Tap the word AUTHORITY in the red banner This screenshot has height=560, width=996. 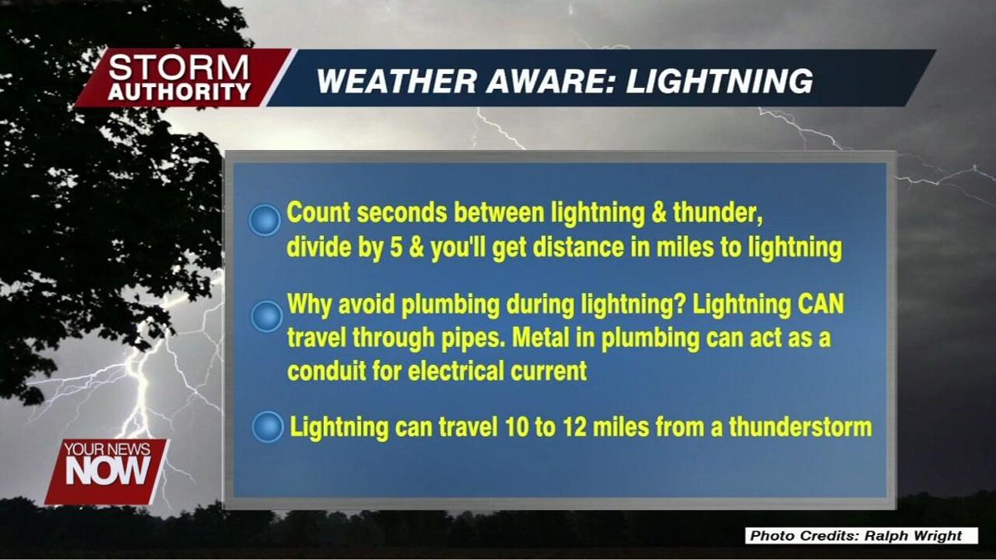point(178,92)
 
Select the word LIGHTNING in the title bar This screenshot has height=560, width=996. point(719,81)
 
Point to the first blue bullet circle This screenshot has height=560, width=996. point(265,221)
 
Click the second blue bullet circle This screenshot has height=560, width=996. point(266,316)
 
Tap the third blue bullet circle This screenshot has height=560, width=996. point(267,427)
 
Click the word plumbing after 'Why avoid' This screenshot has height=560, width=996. point(448,304)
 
